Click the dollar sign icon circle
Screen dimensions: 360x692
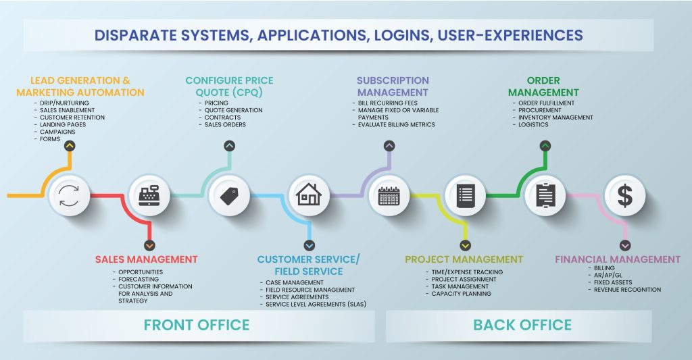click(625, 195)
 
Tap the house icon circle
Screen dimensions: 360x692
click(309, 195)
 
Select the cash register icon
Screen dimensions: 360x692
click(149, 195)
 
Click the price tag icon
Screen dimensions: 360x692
click(229, 195)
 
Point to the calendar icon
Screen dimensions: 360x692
click(389, 195)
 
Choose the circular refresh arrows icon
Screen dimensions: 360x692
click(70, 195)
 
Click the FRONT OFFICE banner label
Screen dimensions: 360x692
click(197, 325)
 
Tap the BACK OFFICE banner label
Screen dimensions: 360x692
click(522, 325)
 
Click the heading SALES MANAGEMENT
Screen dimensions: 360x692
click(147, 259)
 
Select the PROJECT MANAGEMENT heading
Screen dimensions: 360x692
click(464, 259)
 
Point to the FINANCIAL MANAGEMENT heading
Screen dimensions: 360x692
click(618, 259)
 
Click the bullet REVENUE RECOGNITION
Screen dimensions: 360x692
click(627, 290)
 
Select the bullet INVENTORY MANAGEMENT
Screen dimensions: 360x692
click(555, 118)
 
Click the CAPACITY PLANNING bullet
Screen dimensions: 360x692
click(462, 294)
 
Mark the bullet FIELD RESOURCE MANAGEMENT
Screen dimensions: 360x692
click(310, 290)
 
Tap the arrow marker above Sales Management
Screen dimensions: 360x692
click(149, 245)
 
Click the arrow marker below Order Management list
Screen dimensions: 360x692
click(545, 145)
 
